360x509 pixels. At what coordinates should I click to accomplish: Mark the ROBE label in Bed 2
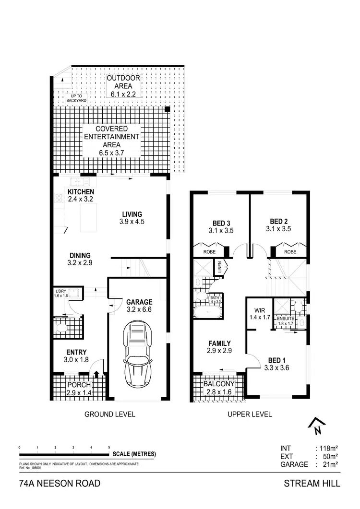290,251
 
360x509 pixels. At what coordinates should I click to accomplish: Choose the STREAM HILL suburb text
312,484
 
